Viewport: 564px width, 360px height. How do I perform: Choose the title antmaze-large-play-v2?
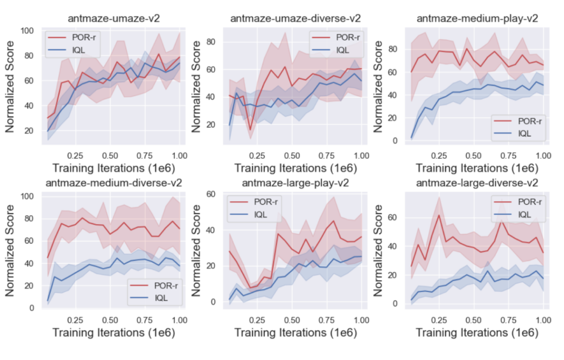point(296,183)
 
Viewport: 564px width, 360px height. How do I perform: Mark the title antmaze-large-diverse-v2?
point(477,183)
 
